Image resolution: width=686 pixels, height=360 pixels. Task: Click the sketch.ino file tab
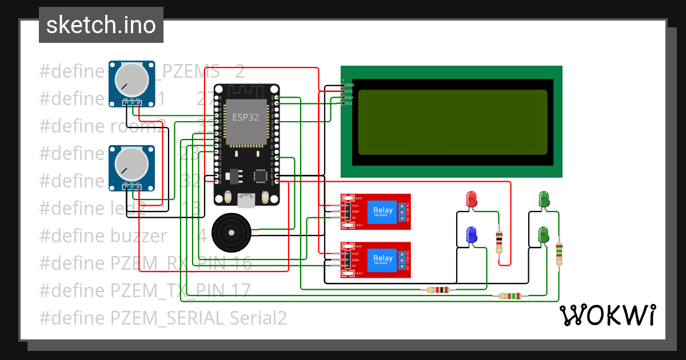point(101,25)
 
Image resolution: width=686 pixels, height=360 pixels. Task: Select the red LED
point(472,199)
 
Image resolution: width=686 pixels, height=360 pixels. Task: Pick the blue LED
point(472,234)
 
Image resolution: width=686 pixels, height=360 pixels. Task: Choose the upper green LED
point(544,199)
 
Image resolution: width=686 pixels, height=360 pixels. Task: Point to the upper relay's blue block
point(382,211)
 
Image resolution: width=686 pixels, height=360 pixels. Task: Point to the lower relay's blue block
point(382,258)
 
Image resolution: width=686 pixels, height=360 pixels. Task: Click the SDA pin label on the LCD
point(349,98)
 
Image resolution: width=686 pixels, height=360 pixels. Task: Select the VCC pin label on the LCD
point(349,91)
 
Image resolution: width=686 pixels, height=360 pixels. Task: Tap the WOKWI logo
point(607,315)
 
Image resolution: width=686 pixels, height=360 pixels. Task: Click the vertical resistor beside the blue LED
point(499,242)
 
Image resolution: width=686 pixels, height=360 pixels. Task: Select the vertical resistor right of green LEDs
point(559,253)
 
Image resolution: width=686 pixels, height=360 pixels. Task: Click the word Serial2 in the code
point(258,318)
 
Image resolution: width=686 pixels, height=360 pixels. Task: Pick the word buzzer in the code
point(139,235)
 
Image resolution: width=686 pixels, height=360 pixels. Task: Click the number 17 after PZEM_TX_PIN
point(240,290)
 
